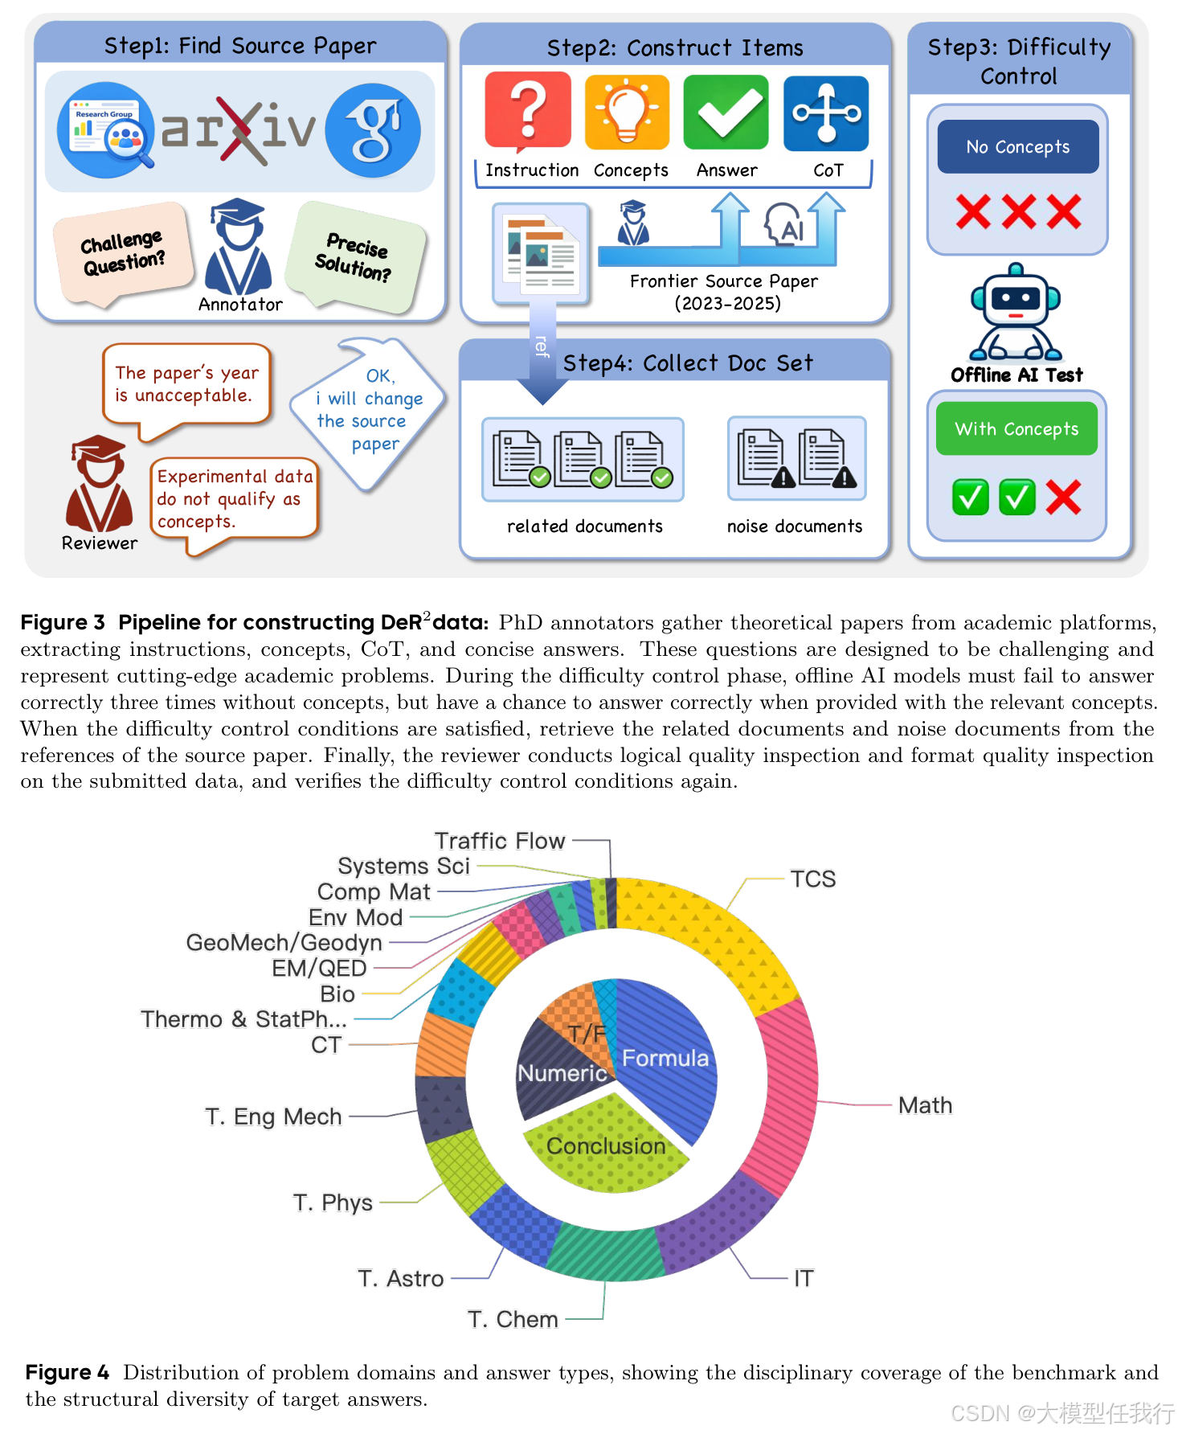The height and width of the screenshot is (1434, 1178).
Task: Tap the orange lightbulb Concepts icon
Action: click(x=627, y=112)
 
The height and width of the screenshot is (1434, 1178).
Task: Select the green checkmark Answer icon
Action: click(x=726, y=113)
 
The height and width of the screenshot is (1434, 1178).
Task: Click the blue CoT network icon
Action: click(x=826, y=113)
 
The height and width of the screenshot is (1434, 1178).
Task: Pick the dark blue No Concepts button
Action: click(x=1017, y=147)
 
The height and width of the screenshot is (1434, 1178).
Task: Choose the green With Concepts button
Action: click(x=1016, y=429)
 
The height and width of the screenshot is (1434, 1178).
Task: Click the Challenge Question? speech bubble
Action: click(x=123, y=252)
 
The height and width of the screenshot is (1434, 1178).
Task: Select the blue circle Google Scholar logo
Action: click(x=373, y=130)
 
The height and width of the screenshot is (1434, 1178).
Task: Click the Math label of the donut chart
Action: click(x=925, y=1105)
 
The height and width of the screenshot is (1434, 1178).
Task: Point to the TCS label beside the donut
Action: click(x=812, y=879)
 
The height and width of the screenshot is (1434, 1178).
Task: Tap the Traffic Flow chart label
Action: click(x=500, y=841)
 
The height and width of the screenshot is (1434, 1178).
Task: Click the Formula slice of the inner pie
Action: click(x=665, y=1058)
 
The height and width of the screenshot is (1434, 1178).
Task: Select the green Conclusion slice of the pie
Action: click(x=606, y=1145)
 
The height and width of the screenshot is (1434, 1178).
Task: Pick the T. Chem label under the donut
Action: click(x=513, y=1319)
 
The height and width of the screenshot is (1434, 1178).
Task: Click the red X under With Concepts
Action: click(x=1063, y=498)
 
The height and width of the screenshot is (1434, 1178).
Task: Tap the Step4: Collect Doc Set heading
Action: click(x=688, y=363)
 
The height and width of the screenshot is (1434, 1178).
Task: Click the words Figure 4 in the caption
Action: click(x=67, y=1372)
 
